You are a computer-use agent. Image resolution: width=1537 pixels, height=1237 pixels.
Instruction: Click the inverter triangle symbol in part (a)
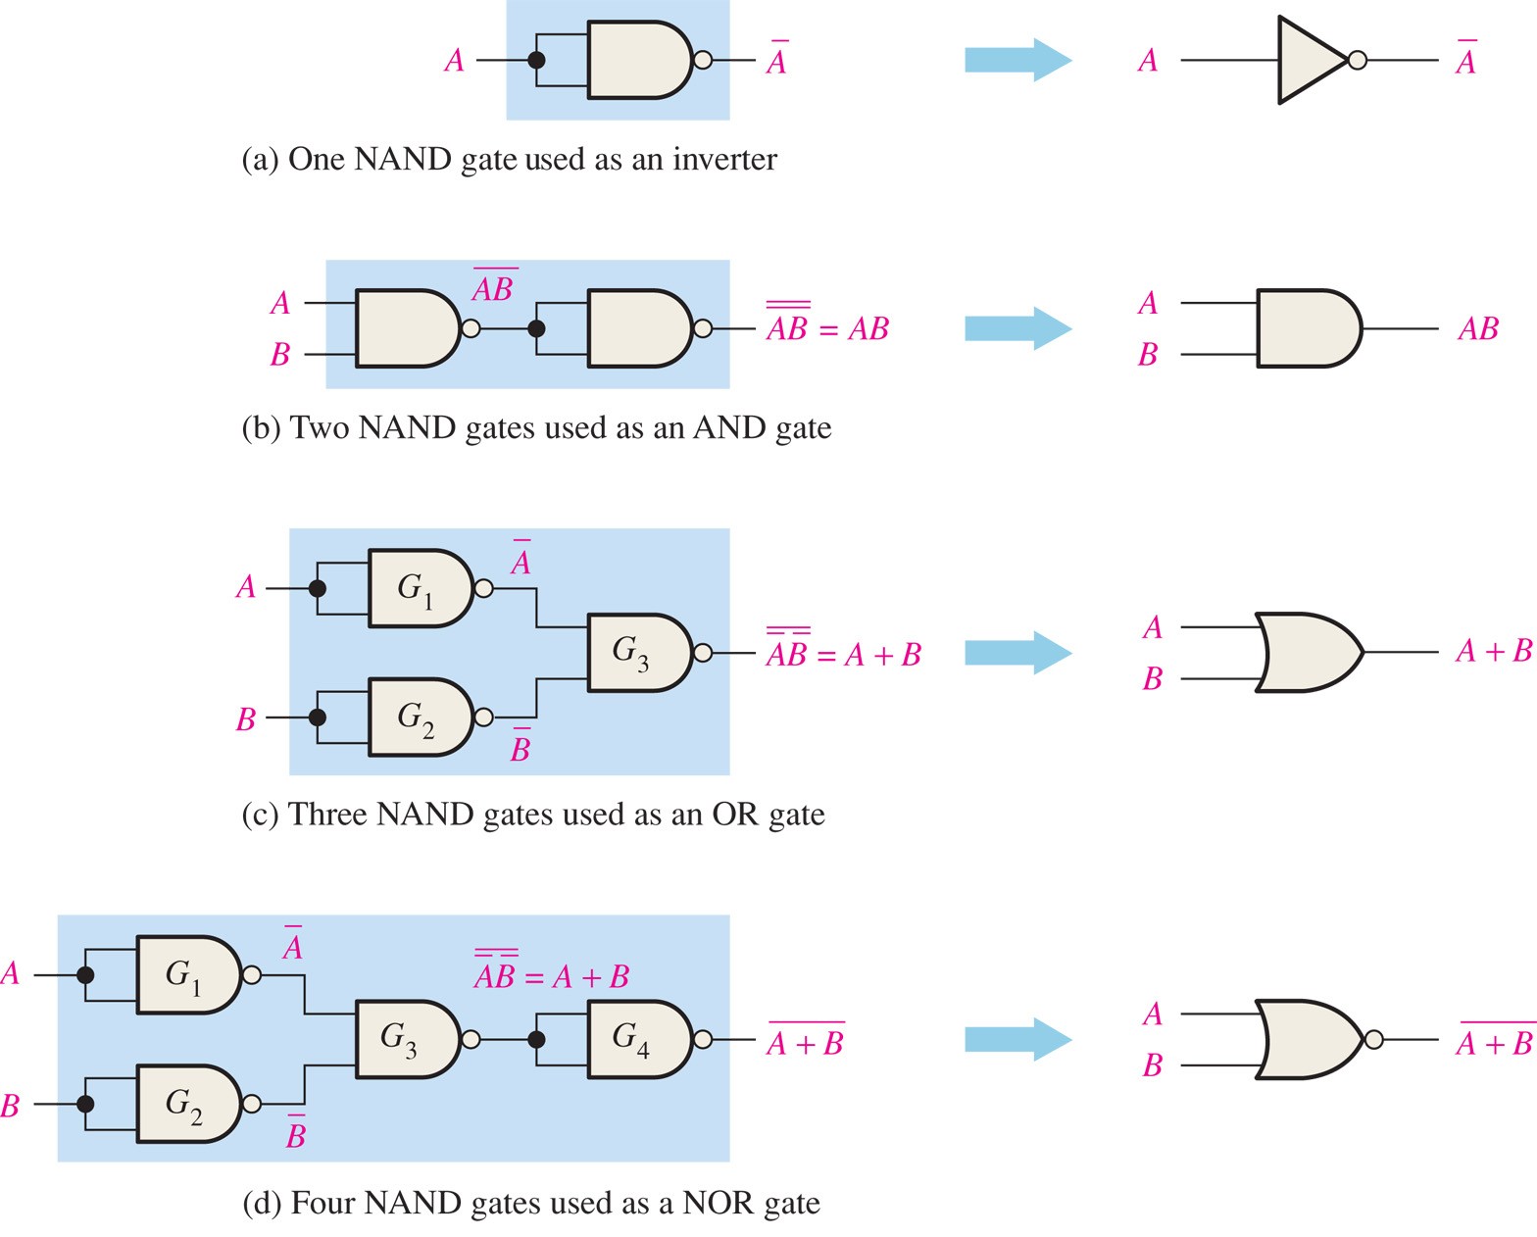coord(1309,60)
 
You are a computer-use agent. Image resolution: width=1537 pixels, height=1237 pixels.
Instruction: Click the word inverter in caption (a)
coord(724,160)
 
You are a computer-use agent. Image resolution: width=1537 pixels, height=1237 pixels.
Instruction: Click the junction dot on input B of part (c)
coord(317,717)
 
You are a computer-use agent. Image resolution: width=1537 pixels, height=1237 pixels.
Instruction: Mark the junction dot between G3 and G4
coord(536,1040)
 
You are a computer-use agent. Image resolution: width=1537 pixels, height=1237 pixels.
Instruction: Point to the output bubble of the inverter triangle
coord(1358,61)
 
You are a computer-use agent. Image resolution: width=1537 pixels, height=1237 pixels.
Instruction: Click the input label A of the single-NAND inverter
coord(454,61)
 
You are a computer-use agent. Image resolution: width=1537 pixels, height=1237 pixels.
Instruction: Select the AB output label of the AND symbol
coord(1478,328)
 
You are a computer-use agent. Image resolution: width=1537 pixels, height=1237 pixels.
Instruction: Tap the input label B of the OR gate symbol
coord(1153,678)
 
